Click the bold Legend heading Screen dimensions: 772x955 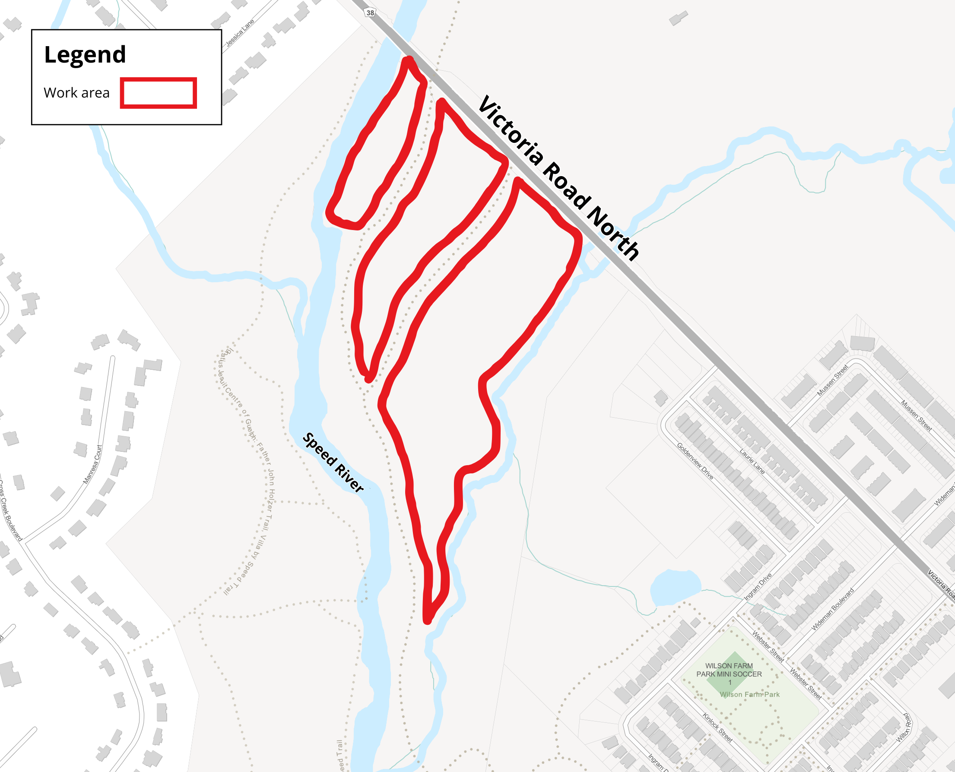coord(85,55)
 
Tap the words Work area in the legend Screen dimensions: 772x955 coord(76,93)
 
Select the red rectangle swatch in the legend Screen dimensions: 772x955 coord(159,93)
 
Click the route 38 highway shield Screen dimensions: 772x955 coord(370,13)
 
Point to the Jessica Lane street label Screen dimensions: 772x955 coord(240,32)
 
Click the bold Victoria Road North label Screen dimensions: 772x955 coord(558,177)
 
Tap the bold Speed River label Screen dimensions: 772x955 coord(333,462)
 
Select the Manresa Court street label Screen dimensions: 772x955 coord(92,464)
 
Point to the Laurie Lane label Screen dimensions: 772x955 coord(752,461)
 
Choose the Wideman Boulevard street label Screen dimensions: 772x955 coord(833,609)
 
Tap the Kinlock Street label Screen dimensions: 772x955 coord(717,727)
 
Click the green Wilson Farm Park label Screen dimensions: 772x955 coord(750,694)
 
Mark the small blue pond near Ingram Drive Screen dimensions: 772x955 coord(675,587)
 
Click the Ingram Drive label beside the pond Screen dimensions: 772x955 coord(758,586)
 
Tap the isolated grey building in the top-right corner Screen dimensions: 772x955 coord(678,18)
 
